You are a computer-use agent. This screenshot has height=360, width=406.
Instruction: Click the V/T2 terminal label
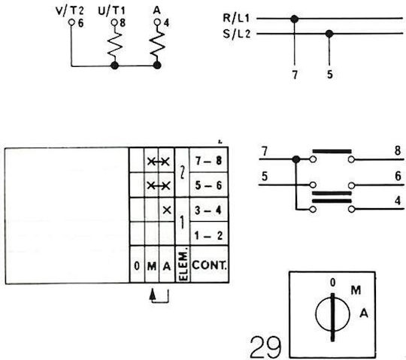tap(70, 11)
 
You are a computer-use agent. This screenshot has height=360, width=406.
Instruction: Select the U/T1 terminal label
tap(111, 11)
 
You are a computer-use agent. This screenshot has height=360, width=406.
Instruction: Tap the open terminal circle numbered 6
tap(71, 23)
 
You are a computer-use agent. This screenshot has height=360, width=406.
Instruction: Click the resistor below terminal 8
tap(115, 45)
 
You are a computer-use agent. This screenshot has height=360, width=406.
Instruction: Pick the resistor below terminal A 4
tap(157, 45)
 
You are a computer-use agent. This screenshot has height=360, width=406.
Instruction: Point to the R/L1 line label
tap(236, 18)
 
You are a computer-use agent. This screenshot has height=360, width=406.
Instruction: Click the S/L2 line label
tap(237, 34)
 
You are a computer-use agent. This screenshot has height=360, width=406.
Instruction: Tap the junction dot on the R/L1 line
tap(294, 19)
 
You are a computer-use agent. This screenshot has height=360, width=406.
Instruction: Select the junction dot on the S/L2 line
tap(329, 34)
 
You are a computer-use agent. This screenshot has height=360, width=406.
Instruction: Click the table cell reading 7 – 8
tap(209, 160)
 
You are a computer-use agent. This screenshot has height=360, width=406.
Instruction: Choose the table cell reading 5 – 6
tap(209, 185)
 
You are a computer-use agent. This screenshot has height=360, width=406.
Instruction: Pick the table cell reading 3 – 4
tap(209, 210)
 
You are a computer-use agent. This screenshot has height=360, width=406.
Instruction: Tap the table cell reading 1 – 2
tap(209, 234)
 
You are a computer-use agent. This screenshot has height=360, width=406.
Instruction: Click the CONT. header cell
tap(209, 265)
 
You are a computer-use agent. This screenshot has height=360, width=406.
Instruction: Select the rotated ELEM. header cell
tap(183, 265)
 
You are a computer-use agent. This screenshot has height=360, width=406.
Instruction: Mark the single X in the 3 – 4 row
tap(167, 210)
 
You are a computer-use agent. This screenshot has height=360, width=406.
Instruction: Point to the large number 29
tap(265, 346)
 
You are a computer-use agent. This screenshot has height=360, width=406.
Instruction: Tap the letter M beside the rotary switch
tap(356, 290)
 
